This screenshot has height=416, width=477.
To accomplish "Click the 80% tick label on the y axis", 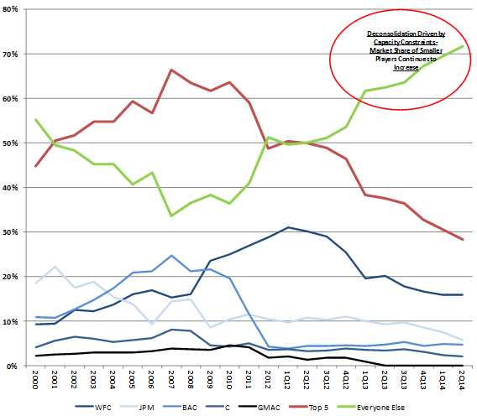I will tap(17, 9).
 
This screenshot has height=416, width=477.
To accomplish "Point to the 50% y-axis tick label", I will tap(17, 143).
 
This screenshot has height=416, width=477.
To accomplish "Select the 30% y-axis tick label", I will tap(17, 232).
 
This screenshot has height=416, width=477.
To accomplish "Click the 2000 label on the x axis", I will tap(36, 382).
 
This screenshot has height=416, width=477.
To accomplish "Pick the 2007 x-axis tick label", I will tap(171, 382).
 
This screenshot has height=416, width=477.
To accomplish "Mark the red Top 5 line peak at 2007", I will tap(171, 70).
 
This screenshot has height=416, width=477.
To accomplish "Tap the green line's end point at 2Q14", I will tap(463, 46).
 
